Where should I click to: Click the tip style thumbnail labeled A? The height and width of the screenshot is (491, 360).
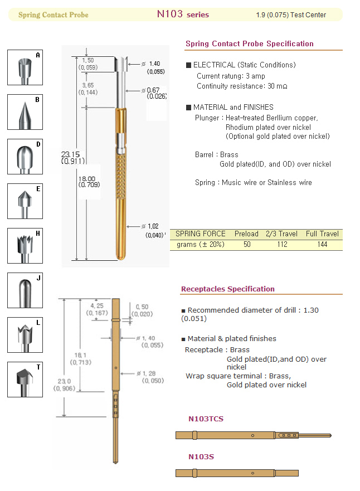coord(25,67)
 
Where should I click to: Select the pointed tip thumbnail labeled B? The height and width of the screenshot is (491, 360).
coord(25,112)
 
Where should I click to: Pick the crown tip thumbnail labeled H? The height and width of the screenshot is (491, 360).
coord(25,246)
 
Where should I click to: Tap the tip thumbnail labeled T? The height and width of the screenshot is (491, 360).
coord(25,380)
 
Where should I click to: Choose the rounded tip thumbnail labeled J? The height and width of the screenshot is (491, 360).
coord(25,290)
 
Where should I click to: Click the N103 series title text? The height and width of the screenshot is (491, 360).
coord(183,14)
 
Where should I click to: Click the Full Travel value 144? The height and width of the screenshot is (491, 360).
coord(322,245)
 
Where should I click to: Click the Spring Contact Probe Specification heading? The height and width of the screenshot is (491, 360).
coord(249,43)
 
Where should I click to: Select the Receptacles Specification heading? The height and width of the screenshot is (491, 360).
coord(227,289)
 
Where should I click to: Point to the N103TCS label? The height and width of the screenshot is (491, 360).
coord(206,419)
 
